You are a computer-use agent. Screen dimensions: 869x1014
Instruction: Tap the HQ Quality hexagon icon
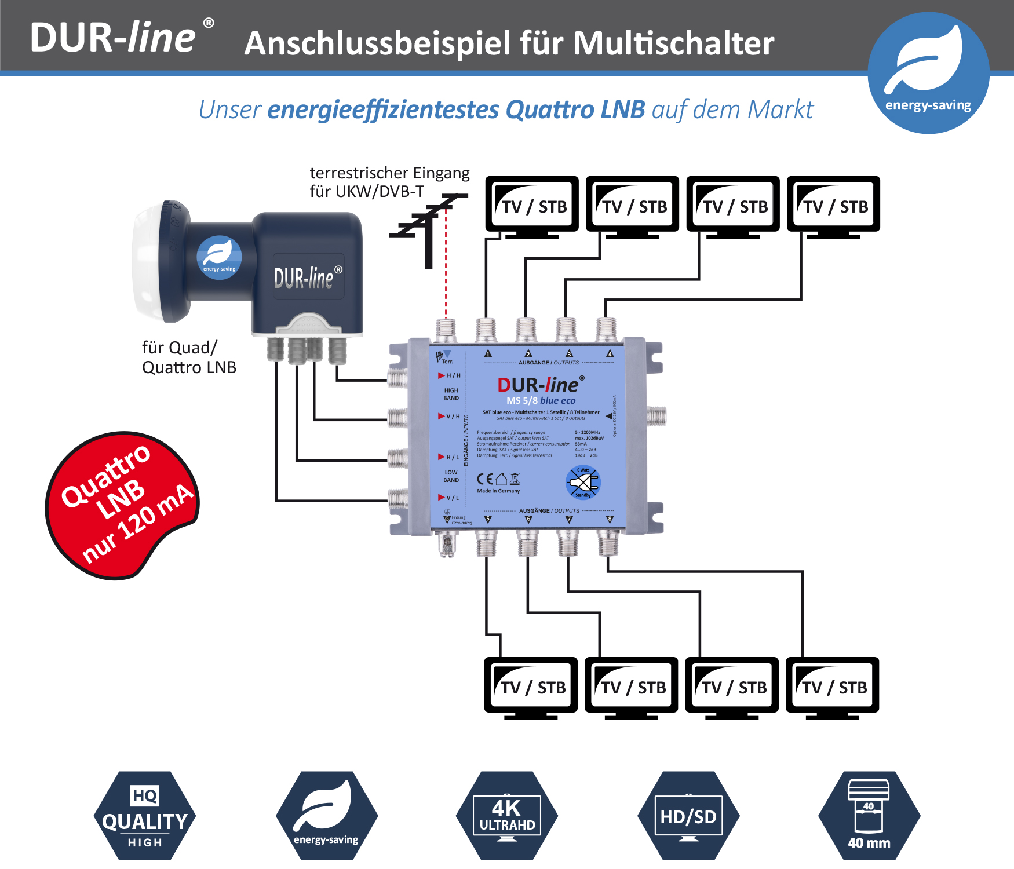[145, 816]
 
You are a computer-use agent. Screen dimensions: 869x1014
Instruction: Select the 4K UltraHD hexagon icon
[507, 816]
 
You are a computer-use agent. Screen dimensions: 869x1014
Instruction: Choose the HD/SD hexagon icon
[688, 816]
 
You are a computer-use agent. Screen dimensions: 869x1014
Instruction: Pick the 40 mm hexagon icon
[869, 816]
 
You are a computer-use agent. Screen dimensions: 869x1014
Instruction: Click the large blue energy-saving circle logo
[928, 73]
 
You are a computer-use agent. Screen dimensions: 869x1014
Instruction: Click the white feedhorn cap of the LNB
[147, 261]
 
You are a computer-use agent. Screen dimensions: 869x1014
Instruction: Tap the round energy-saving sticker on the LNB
[219, 257]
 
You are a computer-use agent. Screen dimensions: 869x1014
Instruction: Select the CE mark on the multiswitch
[484, 479]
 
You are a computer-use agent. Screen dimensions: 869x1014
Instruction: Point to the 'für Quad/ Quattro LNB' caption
[189, 357]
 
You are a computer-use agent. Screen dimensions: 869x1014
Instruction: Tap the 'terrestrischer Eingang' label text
[389, 173]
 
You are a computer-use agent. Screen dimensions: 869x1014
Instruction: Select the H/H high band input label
[450, 375]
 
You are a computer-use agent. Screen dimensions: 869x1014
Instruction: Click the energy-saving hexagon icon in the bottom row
[326, 816]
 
